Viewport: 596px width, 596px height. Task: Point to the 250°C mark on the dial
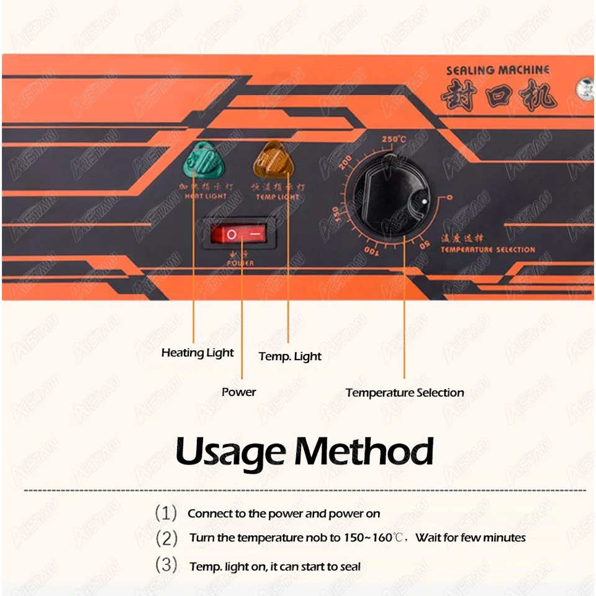[394, 139]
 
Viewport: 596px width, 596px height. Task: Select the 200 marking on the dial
[346, 163]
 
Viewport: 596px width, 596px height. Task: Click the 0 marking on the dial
[449, 198]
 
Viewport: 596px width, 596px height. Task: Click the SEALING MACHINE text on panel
[498, 70]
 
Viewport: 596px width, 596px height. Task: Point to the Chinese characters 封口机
[499, 97]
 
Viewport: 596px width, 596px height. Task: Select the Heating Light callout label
[197, 353]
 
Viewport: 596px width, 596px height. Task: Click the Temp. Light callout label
[290, 356]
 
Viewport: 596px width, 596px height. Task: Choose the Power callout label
[238, 392]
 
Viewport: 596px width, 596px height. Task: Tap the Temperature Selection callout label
[405, 392]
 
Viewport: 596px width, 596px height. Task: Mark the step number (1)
[166, 513]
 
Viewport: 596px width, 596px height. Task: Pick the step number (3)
[166, 566]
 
